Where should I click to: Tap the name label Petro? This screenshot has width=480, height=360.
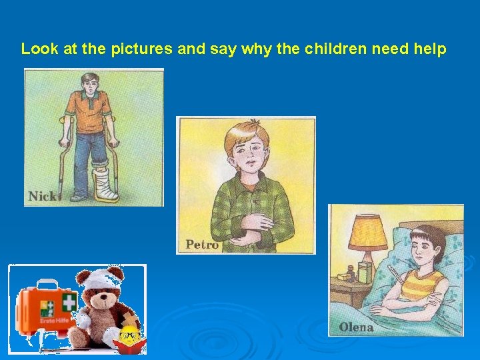point(202,245)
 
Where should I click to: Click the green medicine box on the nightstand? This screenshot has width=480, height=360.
point(364,272)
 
